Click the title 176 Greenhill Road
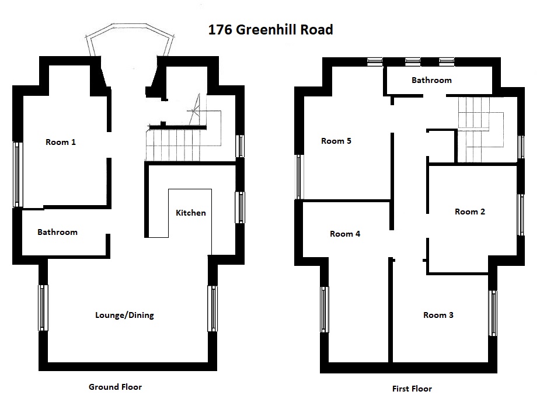coord(271,30)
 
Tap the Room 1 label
coord(61,142)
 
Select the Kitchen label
coord(191,213)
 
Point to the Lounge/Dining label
coord(124,316)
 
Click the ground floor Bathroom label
coord(58,232)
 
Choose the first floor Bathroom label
coord(431,80)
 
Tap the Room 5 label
coord(336,141)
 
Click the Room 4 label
coord(345,234)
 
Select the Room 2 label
coord(470,212)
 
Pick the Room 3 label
coord(438,316)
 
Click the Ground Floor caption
coord(115,387)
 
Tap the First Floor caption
coord(412,389)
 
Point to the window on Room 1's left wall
coord(18,174)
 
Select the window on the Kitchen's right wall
coord(240,207)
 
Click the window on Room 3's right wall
coord(493,313)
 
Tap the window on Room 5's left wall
coord(299,177)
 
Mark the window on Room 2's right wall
coord(521,214)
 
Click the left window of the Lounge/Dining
coord(43,307)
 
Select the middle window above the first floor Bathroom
coord(412,62)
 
